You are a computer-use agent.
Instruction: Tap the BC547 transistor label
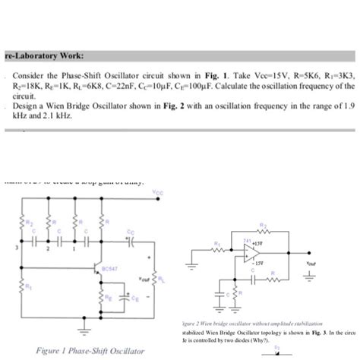(110, 268)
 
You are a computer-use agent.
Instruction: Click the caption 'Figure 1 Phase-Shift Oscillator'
(79, 350)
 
